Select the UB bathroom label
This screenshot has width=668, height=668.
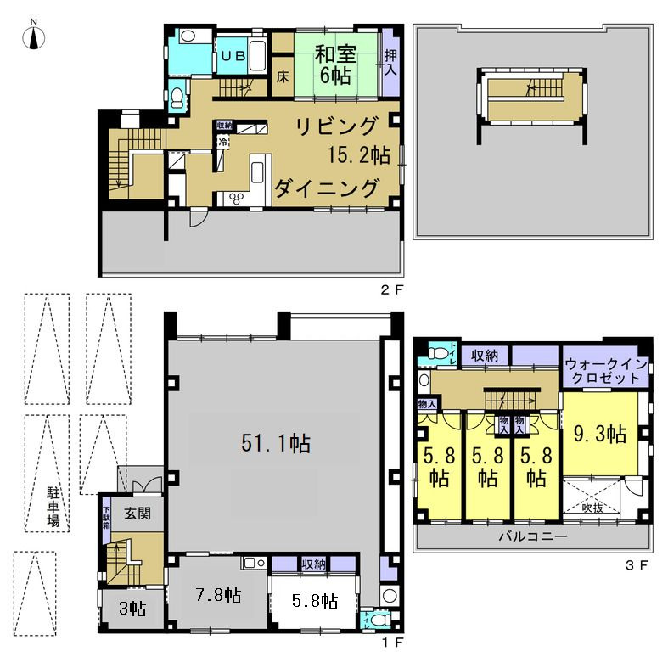pyautogui.click(x=233, y=55)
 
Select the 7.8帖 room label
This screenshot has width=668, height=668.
pyautogui.click(x=218, y=594)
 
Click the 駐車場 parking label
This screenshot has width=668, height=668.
pyautogui.click(x=53, y=506)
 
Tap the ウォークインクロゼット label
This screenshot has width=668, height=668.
pyautogui.click(x=606, y=370)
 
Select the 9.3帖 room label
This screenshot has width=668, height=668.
pyautogui.click(x=601, y=435)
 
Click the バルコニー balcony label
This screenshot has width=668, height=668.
pyautogui.click(x=532, y=537)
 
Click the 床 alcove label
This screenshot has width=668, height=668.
pyautogui.click(x=282, y=75)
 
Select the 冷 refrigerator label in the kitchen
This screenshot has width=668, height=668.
pyautogui.click(x=222, y=143)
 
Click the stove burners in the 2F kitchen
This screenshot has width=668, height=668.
pyautogui.click(x=233, y=199)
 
